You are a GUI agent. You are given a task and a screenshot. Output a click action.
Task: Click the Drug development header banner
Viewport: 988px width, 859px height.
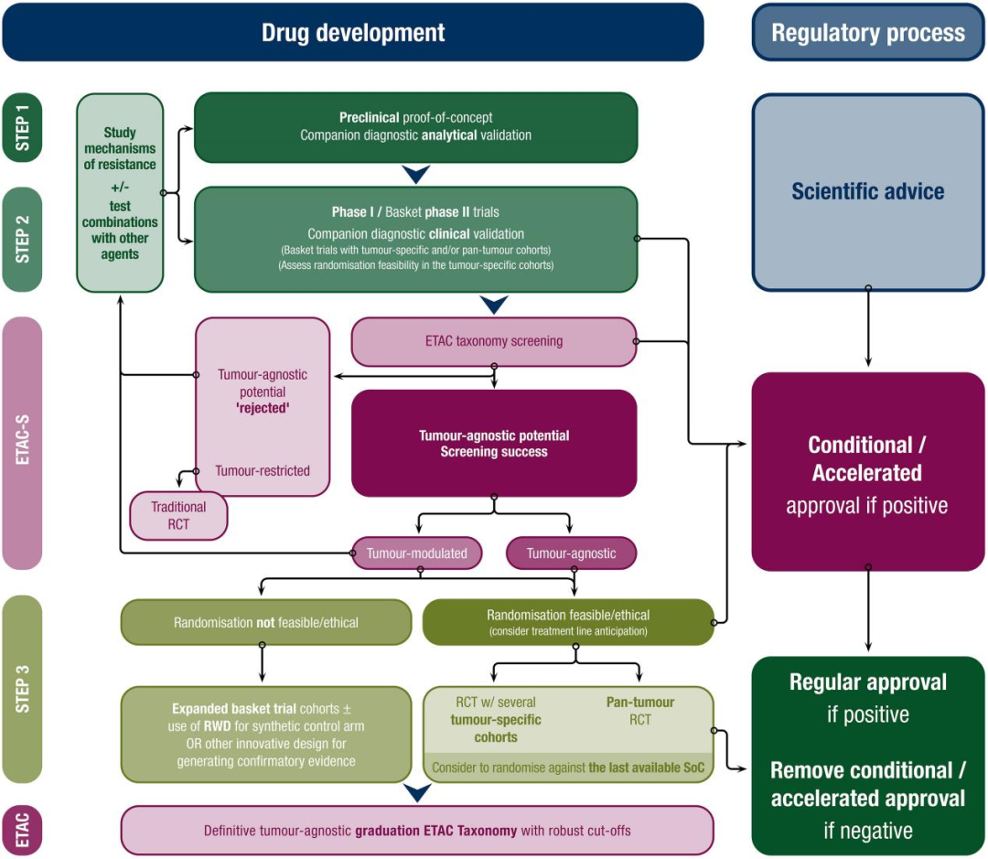click(x=353, y=32)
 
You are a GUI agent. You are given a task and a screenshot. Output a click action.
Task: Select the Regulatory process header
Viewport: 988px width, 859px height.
click(x=867, y=32)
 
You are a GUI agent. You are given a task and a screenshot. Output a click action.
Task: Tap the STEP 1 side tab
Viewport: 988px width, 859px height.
click(x=22, y=127)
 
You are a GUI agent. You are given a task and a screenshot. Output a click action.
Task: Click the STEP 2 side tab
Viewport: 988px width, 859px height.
click(x=22, y=239)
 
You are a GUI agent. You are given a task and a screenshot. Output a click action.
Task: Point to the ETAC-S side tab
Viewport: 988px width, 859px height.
click(x=22, y=443)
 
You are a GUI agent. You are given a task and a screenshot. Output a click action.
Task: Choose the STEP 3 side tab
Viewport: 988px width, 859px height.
click(x=22, y=689)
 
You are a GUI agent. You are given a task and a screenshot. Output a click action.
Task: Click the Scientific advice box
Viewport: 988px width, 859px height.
click(x=867, y=192)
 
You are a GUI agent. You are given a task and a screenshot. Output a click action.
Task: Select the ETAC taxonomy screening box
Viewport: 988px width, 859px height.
click(x=494, y=341)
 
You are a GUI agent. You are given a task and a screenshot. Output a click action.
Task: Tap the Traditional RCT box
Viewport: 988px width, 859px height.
click(x=178, y=516)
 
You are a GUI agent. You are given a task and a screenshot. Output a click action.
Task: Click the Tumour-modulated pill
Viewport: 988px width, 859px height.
click(x=417, y=553)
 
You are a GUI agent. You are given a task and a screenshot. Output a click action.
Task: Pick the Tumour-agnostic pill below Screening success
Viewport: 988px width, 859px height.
click(x=572, y=553)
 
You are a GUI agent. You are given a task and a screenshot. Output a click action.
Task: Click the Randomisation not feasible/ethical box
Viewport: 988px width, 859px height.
click(x=266, y=623)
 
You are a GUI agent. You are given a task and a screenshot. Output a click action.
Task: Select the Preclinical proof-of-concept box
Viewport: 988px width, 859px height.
click(x=416, y=127)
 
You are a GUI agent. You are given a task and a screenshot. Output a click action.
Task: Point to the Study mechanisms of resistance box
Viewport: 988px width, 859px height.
click(x=120, y=193)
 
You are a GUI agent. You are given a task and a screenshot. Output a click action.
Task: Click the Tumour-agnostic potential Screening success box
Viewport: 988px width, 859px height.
click(x=494, y=443)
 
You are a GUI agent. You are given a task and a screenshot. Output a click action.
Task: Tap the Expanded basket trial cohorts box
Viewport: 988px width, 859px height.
click(x=266, y=735)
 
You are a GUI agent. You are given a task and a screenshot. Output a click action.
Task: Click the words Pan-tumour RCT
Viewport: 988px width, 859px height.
click(x=640, y=711)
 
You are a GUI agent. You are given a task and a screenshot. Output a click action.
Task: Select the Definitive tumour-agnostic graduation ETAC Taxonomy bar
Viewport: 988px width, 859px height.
click(x=417, y=831)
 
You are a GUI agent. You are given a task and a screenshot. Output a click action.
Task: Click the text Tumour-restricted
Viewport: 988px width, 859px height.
click(x=263, y=471)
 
